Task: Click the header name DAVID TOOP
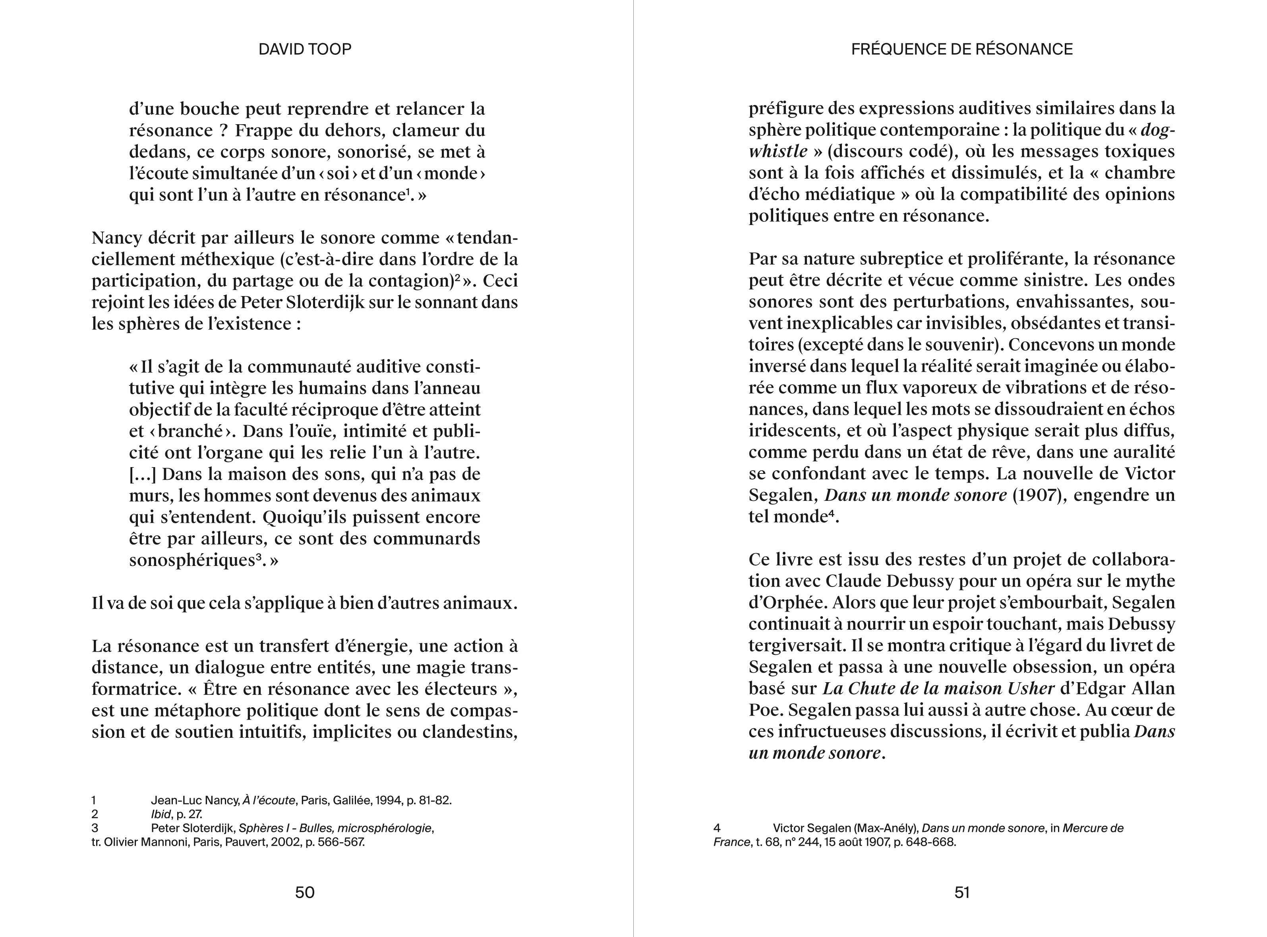305,49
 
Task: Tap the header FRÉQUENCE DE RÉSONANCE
961,49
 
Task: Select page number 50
305,893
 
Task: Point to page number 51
961,893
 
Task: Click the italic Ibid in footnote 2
161,814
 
